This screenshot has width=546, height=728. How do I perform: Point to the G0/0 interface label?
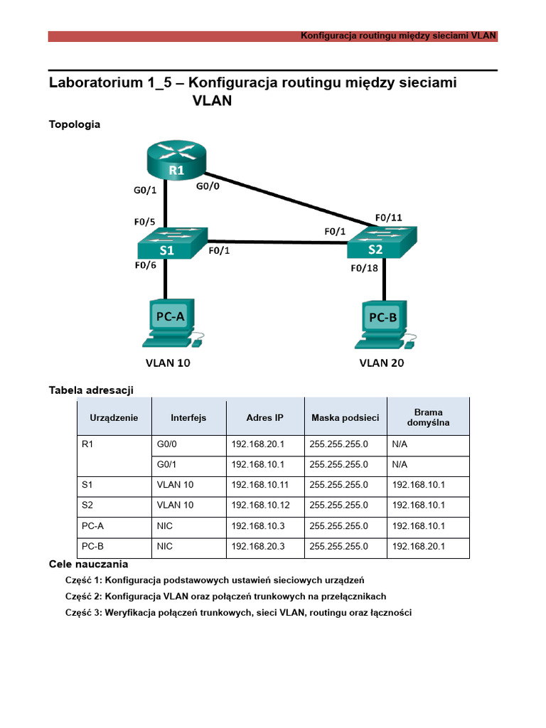[209, 187]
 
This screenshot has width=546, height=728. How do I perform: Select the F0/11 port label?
[387, 218]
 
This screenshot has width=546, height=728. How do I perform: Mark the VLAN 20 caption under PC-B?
[383, 363]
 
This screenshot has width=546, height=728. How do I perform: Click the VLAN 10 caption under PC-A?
[168, 363]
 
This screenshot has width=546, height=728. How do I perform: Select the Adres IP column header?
[264, 417]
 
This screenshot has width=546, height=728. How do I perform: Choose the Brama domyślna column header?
[428, 417]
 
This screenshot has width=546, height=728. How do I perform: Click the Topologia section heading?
[75, 124]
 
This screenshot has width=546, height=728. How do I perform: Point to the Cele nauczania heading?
[88, 564]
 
